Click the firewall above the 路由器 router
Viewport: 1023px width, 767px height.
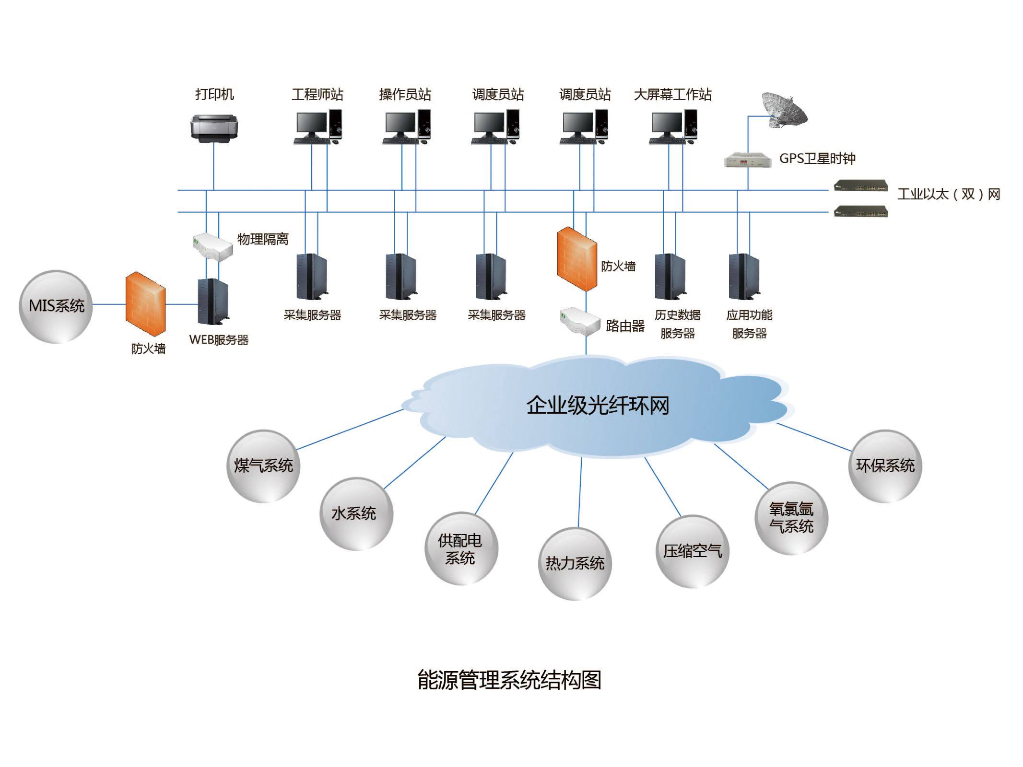coord(577,259)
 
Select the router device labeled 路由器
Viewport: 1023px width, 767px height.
coord(580,322)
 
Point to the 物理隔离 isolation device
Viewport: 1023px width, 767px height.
coord(212,246)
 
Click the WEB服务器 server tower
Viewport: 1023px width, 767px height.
coord(213,302)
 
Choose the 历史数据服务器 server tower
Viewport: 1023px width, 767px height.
coord(670,277)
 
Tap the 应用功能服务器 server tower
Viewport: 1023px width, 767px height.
coord(743,277)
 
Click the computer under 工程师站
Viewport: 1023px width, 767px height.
coord(318,127)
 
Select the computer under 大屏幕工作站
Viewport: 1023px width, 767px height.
coord(674,127)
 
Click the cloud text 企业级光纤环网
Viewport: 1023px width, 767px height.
coord(598,406)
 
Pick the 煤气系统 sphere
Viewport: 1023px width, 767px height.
coord(263,466)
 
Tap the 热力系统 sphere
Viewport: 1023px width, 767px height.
coord(575,563)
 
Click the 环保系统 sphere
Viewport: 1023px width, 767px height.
coord(885,466)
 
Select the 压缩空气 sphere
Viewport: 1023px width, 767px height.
coord(692,551)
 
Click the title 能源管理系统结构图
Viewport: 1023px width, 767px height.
coord(509,680)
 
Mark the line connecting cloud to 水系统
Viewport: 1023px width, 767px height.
coord(415,463)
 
